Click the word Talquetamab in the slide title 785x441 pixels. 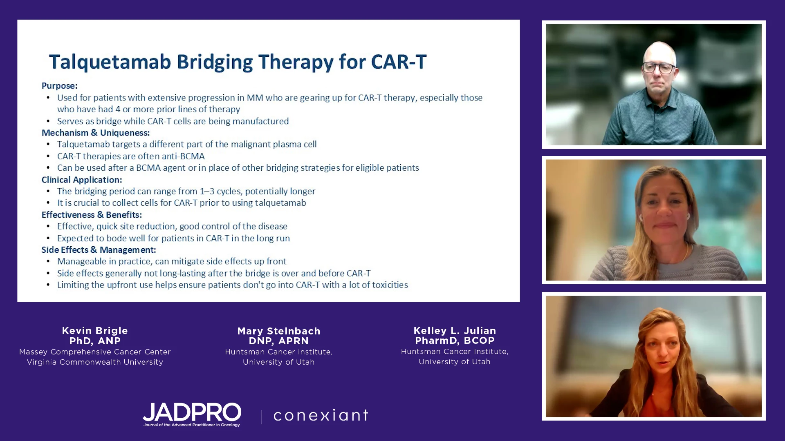pos(110,62)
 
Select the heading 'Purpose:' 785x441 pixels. pos(59,86)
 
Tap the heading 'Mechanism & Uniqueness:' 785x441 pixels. pos(96,133)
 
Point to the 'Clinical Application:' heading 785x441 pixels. pos(82,180)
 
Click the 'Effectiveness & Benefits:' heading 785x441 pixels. pos(92,215)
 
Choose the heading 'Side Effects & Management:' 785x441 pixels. pos(99,250)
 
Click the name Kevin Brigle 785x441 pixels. pos(95,331)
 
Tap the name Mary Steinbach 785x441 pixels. pos(279,331)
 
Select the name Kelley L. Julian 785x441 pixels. pos(455,331)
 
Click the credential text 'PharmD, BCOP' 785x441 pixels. pos(455,341)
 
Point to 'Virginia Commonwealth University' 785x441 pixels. pos(95,362)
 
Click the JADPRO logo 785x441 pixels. pos(192,414)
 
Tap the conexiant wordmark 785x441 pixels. pos(321,415)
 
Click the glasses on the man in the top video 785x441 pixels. pos(658,68)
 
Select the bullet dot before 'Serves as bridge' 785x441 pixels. pos(48,121)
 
